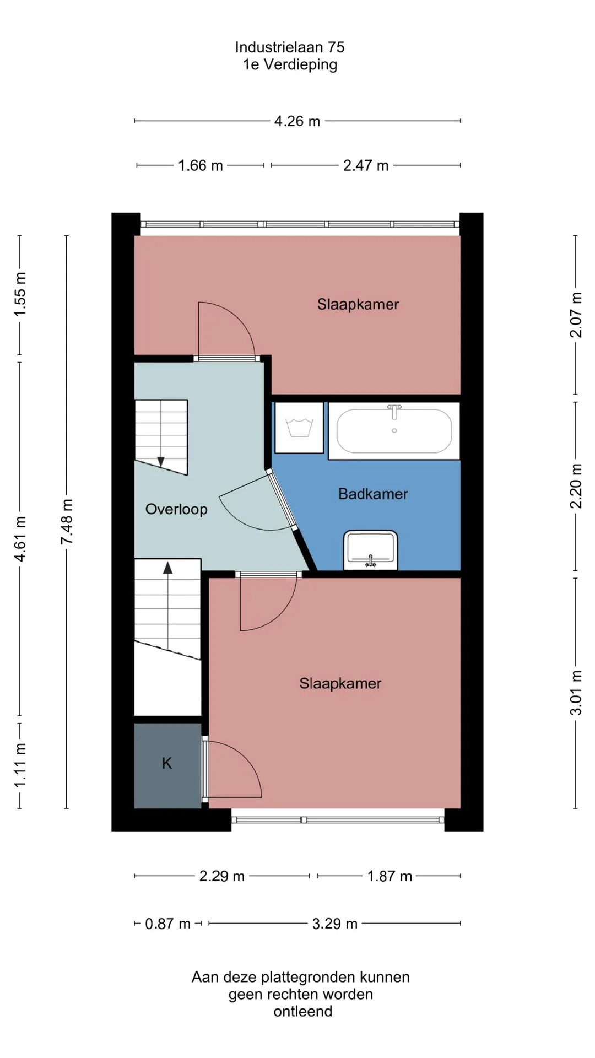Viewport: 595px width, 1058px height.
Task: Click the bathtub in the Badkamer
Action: pos(394,430)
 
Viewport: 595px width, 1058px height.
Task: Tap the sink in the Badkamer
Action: pos(371,550)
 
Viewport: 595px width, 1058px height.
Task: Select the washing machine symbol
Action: pos(299,428)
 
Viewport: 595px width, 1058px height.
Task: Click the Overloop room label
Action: pos(176,509)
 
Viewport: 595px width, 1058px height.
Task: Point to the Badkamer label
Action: pos(373,494)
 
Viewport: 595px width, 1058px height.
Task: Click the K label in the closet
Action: pos(167,763)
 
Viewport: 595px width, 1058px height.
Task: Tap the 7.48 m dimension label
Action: pos(67,522)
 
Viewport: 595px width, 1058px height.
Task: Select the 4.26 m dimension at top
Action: pos(297,121)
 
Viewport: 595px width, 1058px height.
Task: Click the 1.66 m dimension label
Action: pos(201,165)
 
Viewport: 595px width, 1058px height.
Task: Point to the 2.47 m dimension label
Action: pos(366,165)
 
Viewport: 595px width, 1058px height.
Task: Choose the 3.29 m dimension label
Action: pos(335,924)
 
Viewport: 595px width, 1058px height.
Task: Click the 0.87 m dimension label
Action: pos(167,924)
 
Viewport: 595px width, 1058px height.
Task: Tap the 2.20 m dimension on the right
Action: pos(576,486)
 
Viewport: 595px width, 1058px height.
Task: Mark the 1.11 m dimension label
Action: pos(20,765)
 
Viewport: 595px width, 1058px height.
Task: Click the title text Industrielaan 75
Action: pos(290,47)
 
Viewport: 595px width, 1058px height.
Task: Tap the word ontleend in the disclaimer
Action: pos(303,1011)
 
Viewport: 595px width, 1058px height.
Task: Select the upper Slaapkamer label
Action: pos(358,304)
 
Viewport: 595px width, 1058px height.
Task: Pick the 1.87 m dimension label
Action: pos(390,876)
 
